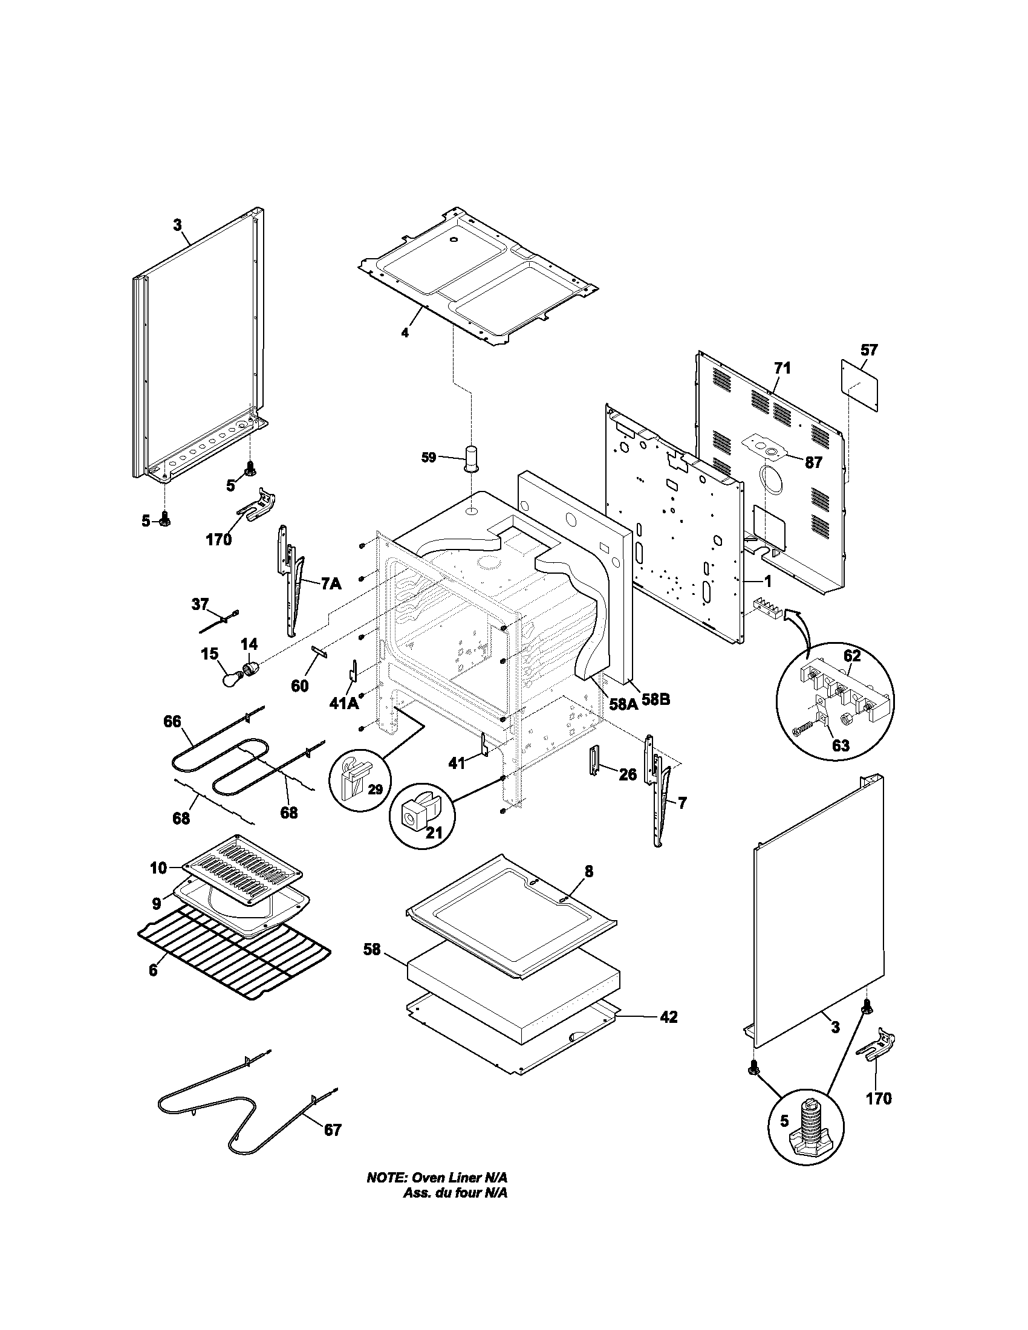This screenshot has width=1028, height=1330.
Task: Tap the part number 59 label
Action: coord(429,458)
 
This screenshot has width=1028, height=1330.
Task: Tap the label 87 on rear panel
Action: coord(813,462)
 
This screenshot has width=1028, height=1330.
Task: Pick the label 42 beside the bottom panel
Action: coord(668,1017)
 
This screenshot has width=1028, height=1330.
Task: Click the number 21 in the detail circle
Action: coord(433,832)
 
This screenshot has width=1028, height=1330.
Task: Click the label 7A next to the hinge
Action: coord(330,584)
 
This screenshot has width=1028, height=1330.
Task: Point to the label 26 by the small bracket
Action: coord(628,774)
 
